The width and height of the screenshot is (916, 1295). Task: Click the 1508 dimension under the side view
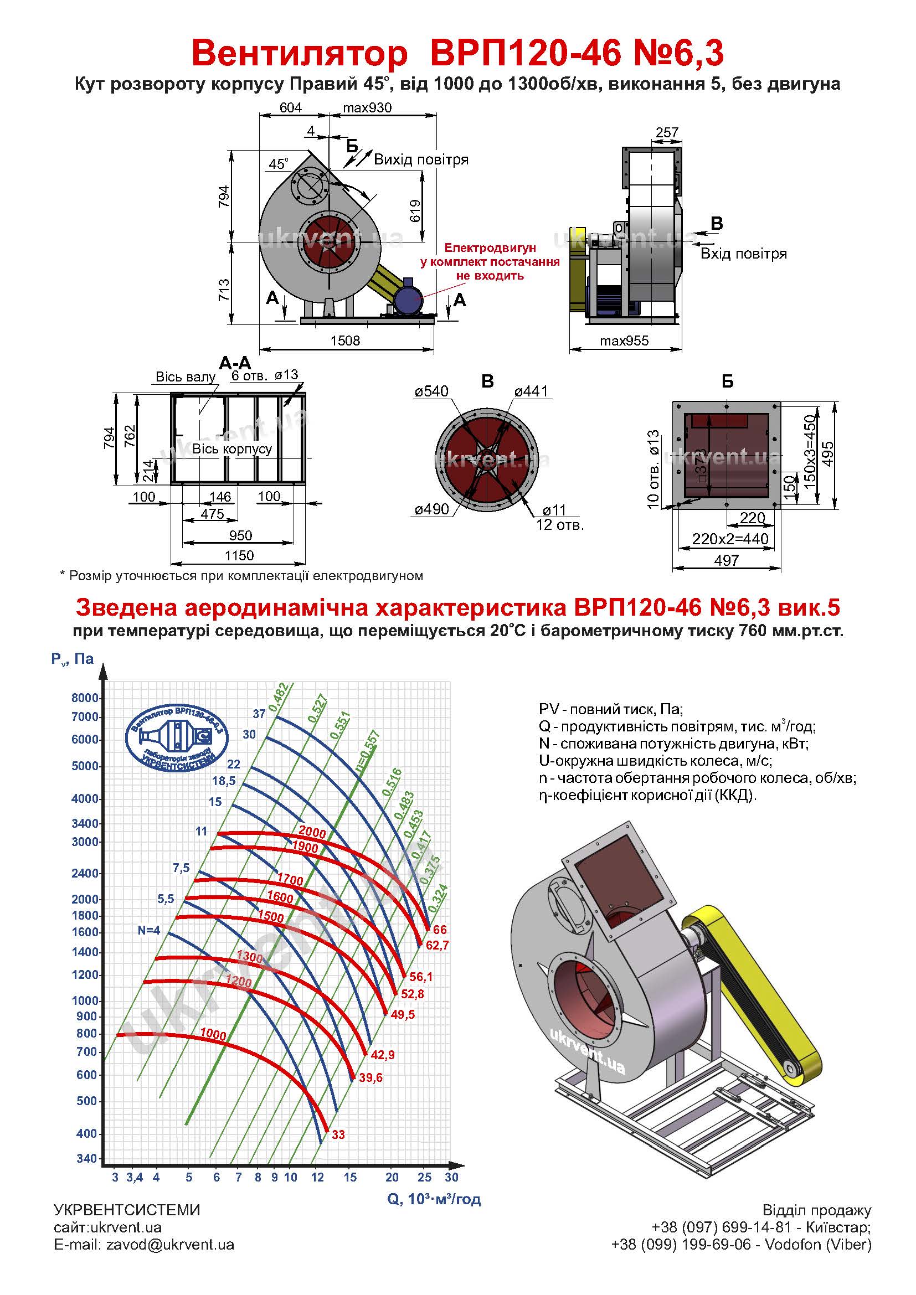click(x=344, y=340)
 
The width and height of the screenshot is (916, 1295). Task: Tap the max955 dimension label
click(x=624, y=340)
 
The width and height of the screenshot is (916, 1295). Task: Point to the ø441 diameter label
click(x=531, y=391)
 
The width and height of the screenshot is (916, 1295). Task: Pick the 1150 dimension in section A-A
click(x=239, y=555)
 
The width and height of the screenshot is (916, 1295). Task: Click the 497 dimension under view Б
click(x=727, y=561)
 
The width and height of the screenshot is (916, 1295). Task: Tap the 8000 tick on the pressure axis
click(x=85, y=698)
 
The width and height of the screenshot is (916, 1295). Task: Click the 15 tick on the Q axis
click(x=350, y=1177)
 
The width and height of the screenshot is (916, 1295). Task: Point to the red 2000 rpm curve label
click(x=312, y=832)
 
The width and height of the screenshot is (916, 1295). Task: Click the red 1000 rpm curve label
click(x=213, y=1035)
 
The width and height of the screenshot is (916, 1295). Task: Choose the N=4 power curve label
click(x=149, y=931)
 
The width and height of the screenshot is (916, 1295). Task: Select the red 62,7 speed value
click(x=437, y=945)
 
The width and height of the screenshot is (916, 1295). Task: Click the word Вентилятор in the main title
click(x=299, y=54)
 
